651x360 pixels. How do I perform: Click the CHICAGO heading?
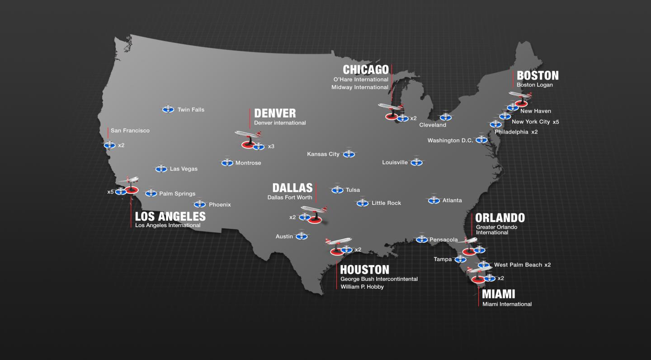[x=366, y=70]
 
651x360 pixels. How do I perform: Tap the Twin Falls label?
[x=191, y=109]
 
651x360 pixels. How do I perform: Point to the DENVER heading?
[x=275, y=113]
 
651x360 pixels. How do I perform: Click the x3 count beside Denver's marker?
[x=271, y=147]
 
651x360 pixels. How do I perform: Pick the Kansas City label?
[x=323, y=154]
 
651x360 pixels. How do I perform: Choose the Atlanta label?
[x=452, y=200]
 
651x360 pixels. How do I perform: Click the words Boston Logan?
[x=535, y=85]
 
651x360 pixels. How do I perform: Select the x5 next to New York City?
[x=556, y=122]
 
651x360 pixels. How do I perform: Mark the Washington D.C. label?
[x=450, y=141]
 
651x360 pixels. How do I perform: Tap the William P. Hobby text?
[x=362, y=287]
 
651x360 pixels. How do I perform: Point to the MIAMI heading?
[x=499, y=294]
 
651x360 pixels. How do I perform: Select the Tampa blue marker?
[x=460, y=260]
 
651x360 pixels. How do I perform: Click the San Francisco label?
[x=130, y=131]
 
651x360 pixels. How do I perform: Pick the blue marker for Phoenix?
[x=200, y=205]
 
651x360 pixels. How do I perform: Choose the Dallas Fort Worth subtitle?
[x=290, y=198]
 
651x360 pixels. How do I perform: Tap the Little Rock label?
[x=386, y=203]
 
